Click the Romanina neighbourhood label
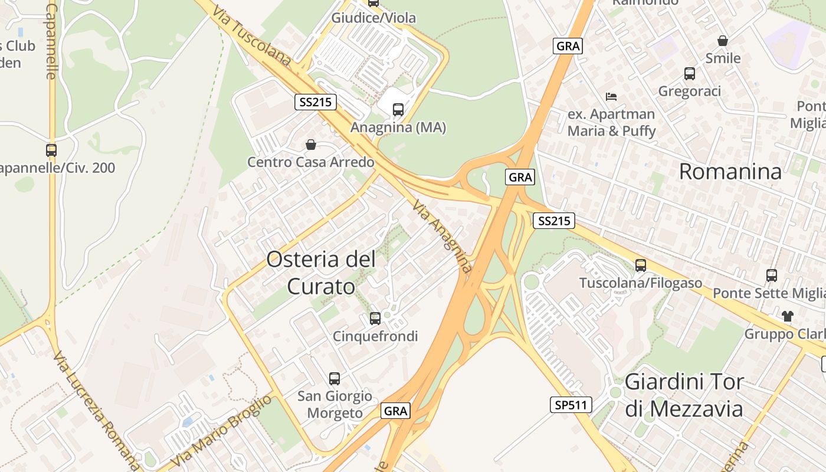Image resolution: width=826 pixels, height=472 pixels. click(x=730, y=172)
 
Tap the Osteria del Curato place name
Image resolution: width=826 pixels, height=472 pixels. click(x=321, y=273)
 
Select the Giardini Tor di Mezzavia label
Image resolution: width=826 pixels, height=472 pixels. click(x=684, y=395)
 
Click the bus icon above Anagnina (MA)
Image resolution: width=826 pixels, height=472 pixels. click(x=398, y=109)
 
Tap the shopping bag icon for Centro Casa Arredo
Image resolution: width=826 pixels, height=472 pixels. click(x=311, y=145)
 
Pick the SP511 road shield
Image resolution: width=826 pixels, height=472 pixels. click(x=571, y=405)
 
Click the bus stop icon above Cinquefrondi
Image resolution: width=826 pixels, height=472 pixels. click(x=375, y=319)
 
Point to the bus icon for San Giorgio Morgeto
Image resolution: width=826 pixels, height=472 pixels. click(x=335, y=379)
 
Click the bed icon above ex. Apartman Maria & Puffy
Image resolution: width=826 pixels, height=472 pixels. click(x=611, y=96)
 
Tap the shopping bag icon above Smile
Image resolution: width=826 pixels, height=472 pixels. click(x=723, y=41)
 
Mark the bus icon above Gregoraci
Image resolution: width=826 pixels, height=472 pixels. click(x=690, y=74)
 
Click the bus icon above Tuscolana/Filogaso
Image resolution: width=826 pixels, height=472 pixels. click(x=641, y=265)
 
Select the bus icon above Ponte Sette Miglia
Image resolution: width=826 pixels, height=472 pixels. click(x=772, y=275)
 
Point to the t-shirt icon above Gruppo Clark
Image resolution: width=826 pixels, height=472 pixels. click(x=788, y=316)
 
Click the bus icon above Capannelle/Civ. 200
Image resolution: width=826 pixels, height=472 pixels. click(x=51, y=150)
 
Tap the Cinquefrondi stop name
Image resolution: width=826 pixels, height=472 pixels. click(x=375, y=336)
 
